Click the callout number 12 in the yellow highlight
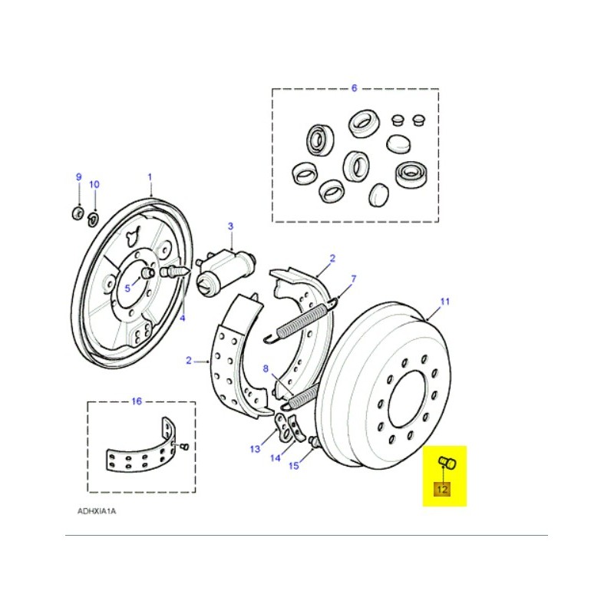click(x=444, y=489)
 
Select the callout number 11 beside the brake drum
click(x=444, y=302)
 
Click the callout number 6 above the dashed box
click(x=354, y=88)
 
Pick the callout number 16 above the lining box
click(x=137, y=401)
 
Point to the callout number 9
click(x=78, y=177)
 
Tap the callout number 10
click(x=94, y=184)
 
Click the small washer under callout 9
click(x=78, y=211)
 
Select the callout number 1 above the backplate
click(x=150, y=176)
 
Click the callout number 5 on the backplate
click(x=127, y=288)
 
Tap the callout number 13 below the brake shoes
click(x=255, y=449)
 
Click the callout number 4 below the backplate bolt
click(x=183, y=317)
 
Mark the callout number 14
click(x=276, y=458)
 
